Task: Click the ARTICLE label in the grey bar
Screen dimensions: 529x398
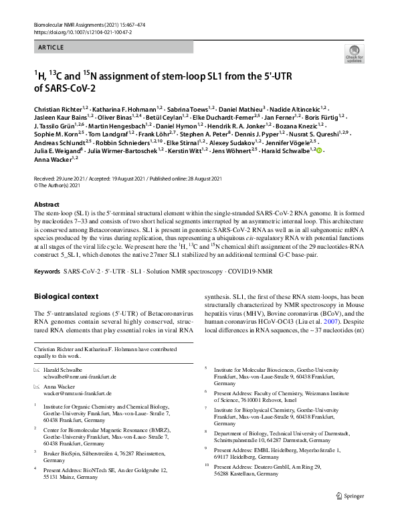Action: coord(51,47)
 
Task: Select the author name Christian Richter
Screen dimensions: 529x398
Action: coord(56,108)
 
